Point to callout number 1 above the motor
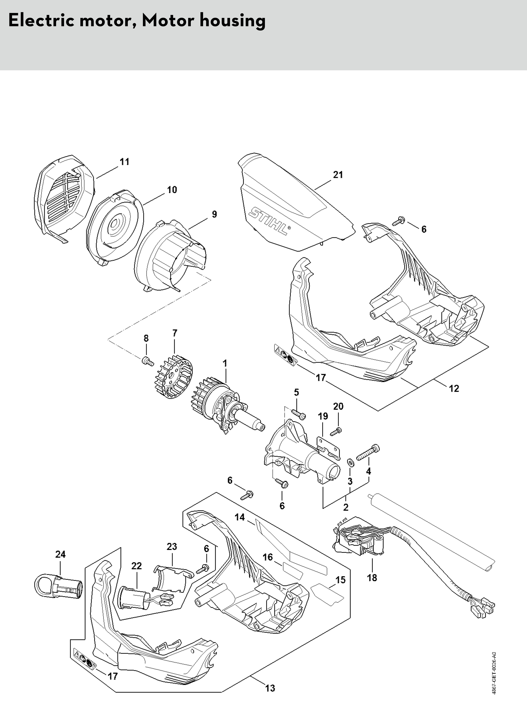click(x=225, y=363)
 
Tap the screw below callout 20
click(x=336, y=432)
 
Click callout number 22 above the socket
click(x=136, y=566)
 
